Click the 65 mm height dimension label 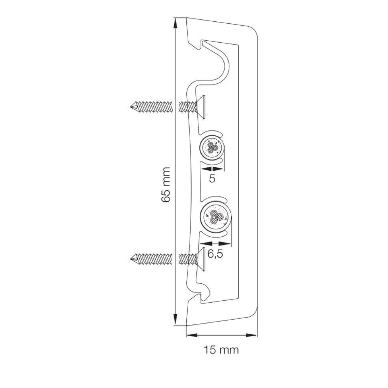tap(166, 185)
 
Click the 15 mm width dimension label tap(221, 350)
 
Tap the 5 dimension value tap(212, 178)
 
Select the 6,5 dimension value tap(215, 254)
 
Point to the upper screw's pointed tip tap(130, 107)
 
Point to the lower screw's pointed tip tap(130, 259)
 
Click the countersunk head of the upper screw tap(201, 107)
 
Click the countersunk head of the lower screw tap(201, 259)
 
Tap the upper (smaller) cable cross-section tap(212, 148)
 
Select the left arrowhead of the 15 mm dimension tap(192, 335)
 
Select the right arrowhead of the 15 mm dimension tap(252, 335)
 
